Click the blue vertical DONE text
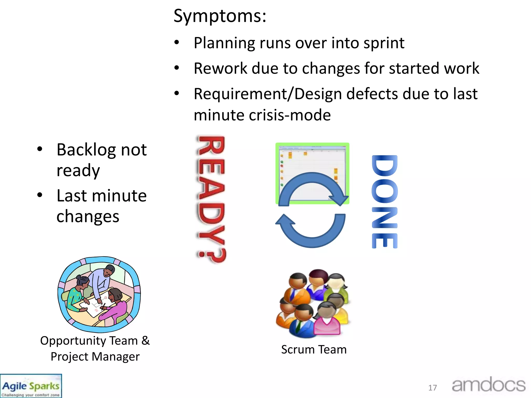click(x=384, y=202)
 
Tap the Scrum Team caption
click(x=314, y=350)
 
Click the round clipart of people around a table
click(x=99, y=294)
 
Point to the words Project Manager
click(x=95, y=357)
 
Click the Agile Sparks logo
click(x=31, y=386)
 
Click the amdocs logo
click(x=488, y=385)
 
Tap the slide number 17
click(x=432, y=388)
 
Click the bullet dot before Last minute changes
click(x=40, y=195)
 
